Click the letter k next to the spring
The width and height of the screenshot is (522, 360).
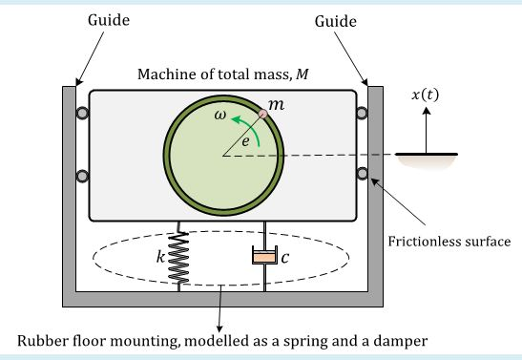160,257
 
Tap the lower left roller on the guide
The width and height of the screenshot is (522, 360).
83,175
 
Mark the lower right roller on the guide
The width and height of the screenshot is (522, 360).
362,174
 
